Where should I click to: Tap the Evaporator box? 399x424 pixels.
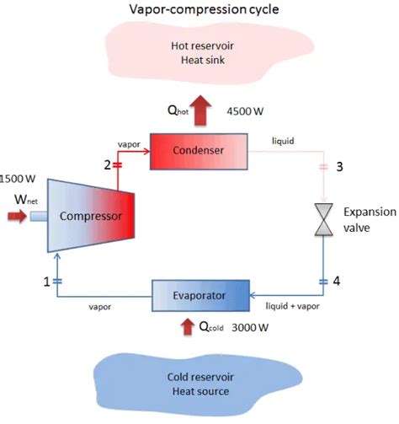[201, 297]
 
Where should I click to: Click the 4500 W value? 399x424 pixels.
[247, 110]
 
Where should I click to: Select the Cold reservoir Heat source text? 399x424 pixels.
[199, 384]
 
